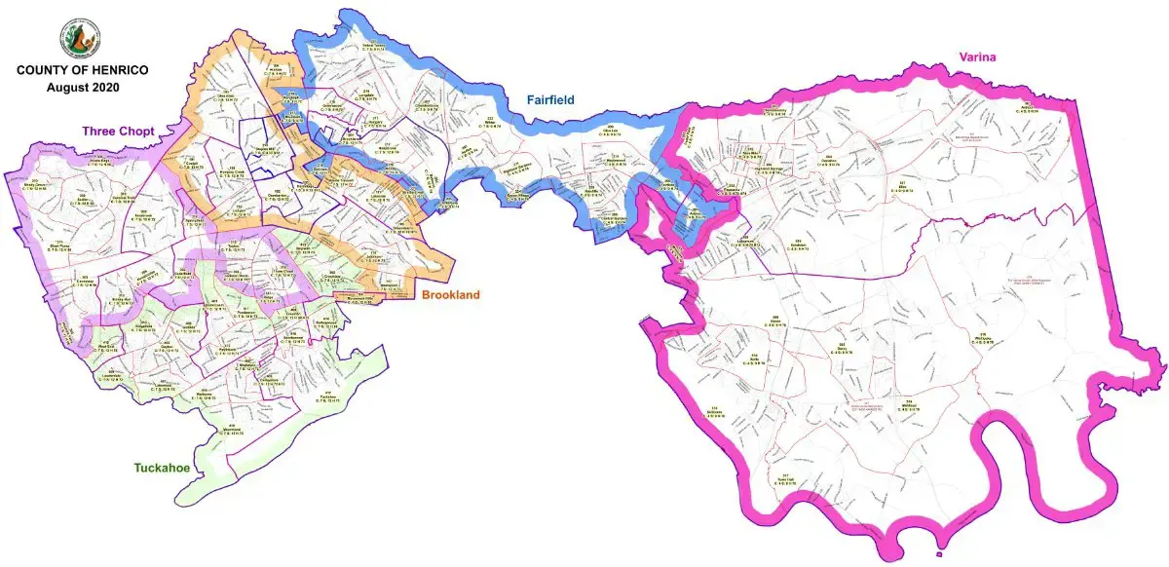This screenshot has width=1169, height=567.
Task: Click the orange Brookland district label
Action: tap(449, 294)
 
